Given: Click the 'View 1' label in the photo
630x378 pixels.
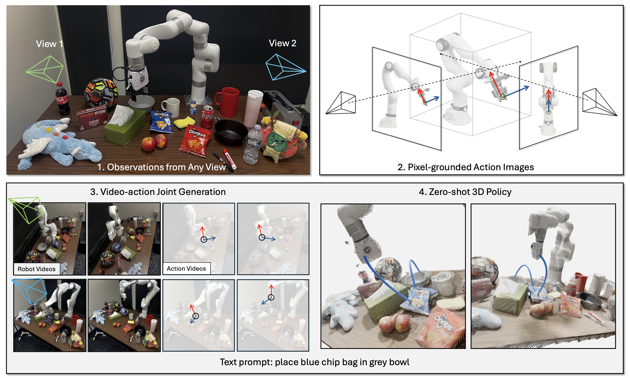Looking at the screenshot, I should click(x=49, y=44).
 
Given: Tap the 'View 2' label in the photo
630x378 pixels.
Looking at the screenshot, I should click(x=282, y=43).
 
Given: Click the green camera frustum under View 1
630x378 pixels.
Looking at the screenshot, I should click(x=46, y=69).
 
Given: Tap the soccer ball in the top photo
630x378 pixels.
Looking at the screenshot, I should click(x=101, y=93).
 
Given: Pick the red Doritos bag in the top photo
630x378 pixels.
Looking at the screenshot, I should click(x=195, y=140).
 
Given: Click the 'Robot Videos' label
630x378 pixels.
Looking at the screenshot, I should click(x=36, y=269).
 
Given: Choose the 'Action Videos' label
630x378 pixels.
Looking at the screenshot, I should click(x=186, y=269).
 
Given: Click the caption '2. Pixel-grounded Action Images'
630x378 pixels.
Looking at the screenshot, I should click(x=465, y=167).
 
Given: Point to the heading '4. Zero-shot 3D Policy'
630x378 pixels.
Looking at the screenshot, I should click(x=465, y=192).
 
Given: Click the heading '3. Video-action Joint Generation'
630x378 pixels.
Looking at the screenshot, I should click(x=158, y=192).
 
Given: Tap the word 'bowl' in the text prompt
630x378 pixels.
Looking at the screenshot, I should click(x=399, y=362).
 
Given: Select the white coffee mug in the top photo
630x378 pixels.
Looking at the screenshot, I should click(x=171, y=107).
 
